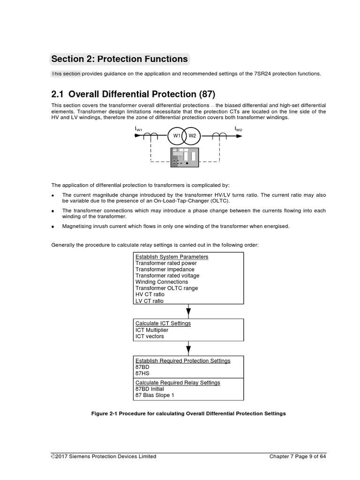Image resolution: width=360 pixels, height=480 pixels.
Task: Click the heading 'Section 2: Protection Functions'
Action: [120, 59]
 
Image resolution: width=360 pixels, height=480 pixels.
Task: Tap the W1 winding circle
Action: [176, 136]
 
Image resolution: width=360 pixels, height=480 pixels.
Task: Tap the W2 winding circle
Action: [192, 136]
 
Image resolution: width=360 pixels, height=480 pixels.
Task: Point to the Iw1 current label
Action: [139, 128]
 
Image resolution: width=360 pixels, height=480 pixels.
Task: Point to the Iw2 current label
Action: [239, 128]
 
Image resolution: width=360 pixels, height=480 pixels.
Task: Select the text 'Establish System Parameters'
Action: [172, 257]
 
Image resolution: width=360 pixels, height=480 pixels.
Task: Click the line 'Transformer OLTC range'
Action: [166, 288]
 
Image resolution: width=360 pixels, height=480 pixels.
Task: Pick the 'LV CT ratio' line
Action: [150, 301]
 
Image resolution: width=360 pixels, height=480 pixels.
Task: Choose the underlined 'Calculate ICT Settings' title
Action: [163, 323]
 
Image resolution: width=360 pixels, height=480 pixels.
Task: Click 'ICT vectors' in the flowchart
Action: [150, 336]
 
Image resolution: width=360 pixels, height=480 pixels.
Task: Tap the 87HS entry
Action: [142, 373]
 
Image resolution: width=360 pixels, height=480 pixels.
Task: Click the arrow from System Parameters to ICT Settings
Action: [188, 311]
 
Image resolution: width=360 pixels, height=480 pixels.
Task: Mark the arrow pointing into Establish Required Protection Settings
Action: [188, 348]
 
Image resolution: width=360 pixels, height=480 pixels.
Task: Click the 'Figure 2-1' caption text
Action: [188, 413]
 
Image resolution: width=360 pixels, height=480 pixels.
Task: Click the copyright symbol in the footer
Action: [53, 457]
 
